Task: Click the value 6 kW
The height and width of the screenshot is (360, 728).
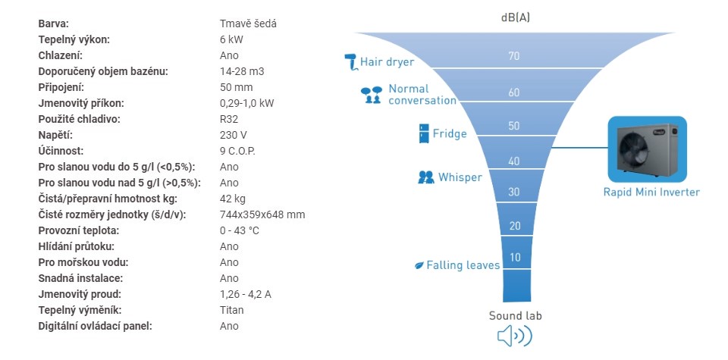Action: click(231, 39)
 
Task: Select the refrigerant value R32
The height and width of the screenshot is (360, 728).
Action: click(229, 119)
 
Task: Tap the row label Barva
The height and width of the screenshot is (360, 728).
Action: click(53, 23)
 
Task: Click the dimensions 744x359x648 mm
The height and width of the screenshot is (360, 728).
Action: click(262, 214)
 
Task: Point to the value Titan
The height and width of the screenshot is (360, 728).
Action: click(232, 310)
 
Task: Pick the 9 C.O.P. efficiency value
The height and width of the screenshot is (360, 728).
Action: click(237, 152)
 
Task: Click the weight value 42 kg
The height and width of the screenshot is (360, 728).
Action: click(233, 199)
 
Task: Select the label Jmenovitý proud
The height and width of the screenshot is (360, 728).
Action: click(80, 294)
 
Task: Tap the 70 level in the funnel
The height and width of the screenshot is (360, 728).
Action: click(513, 56)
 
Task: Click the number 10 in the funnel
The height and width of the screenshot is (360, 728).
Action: click(515, 257)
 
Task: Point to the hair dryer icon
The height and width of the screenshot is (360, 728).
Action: click(351, 62)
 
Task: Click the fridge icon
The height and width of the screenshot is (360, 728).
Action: click(424, 133)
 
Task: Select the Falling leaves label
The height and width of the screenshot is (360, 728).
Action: click(463, 265)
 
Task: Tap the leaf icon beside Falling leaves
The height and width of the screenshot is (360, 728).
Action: click(419, 266)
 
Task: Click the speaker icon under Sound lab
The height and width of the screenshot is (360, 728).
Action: click(514, 336)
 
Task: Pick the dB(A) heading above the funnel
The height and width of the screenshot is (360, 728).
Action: click(516, 18)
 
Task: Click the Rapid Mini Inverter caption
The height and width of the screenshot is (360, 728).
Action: click(651, 192)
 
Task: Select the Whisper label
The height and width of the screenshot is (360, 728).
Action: click(460, 177)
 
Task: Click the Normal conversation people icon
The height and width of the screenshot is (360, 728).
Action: click(372, 95)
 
